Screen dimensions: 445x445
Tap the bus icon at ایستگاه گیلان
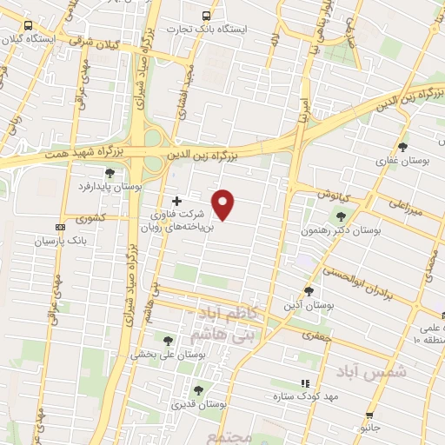tap(29, 26)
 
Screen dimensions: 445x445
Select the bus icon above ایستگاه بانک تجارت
tap(206, 16)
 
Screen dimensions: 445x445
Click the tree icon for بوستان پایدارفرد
tap(109, 173)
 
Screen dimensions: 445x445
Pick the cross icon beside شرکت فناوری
tap(177, 201)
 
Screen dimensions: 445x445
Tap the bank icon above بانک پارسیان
tap(59, 227)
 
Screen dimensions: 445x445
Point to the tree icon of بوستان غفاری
tap(402, 146)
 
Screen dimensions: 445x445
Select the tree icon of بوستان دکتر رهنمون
tap(340, 217)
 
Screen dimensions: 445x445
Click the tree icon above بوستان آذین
tap(309, 290)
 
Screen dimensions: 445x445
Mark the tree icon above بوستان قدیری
tap(198, 390)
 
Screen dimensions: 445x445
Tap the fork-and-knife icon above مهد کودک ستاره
tap(304, 382)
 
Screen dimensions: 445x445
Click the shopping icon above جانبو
tap(371, 415)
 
